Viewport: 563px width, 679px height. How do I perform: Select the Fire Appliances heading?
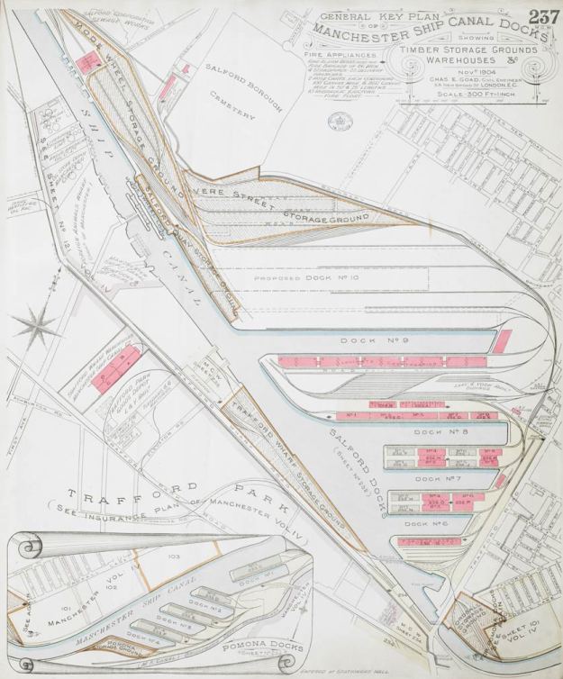point(322,56)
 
